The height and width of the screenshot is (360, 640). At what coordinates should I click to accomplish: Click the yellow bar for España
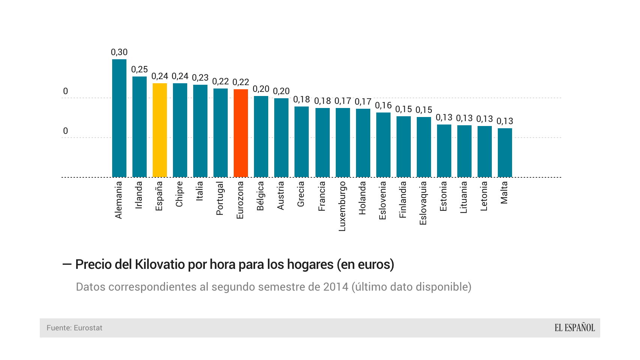pyautogui.click(x=160, y=130)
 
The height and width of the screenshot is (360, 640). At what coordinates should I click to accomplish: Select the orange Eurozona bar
pyautogui.click(x=241, y=133)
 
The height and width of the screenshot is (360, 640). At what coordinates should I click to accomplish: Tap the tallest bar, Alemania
pyautogui.click(x=119, y=118)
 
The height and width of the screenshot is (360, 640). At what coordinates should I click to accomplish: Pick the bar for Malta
pyautogui.click(x=505, y=153)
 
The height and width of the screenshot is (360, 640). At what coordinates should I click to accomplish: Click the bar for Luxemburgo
pyautogui.click(x=343, y=142)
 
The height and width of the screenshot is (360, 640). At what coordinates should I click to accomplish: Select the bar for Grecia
pyautogui.click(x=302, y=142)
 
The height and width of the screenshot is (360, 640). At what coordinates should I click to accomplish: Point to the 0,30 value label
pyautogui.click(x=119, y=52)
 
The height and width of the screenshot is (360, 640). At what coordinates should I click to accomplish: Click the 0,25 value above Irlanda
pyautogui.click(x=140, y=69)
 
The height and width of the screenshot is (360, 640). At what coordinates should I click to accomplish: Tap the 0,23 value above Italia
pyautogui.click(x=200, y=78)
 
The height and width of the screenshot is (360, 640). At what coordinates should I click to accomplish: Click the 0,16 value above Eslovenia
pyautogui.click(x=383, y=105)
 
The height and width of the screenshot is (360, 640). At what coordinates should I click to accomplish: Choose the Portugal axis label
pyautogui.click(x=220, y=198)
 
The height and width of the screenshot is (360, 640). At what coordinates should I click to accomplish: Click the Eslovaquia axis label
pyautogui.click(x=423, y=203)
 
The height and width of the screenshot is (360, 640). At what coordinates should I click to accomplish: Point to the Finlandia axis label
pyautogui.click(x=403, y=200)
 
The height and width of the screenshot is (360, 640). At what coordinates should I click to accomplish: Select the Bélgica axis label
pyautogui.click(x=260, y=196)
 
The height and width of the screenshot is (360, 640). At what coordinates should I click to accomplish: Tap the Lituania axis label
pyautogui.click(x=464, y=197)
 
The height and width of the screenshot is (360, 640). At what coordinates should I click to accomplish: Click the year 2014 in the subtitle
pyautogui.click(x=336, y=287)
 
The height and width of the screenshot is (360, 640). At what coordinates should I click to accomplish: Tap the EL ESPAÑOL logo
pyautogui.click(x=574, y=328)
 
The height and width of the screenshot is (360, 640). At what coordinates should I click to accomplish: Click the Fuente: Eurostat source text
pyautogui.click(x=74, y=328)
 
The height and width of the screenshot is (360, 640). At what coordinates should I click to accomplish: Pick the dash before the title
pyautogui.click(x=67, y=264)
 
